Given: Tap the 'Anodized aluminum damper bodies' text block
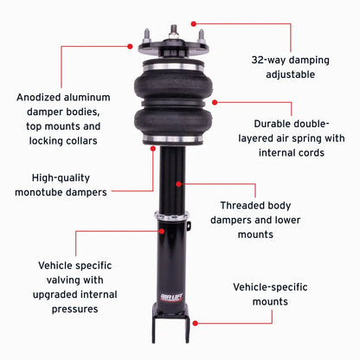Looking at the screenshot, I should (x=68, y=119).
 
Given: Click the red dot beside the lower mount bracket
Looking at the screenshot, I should (x=194, y=322).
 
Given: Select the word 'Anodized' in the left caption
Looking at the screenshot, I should (x=40, y=97).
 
